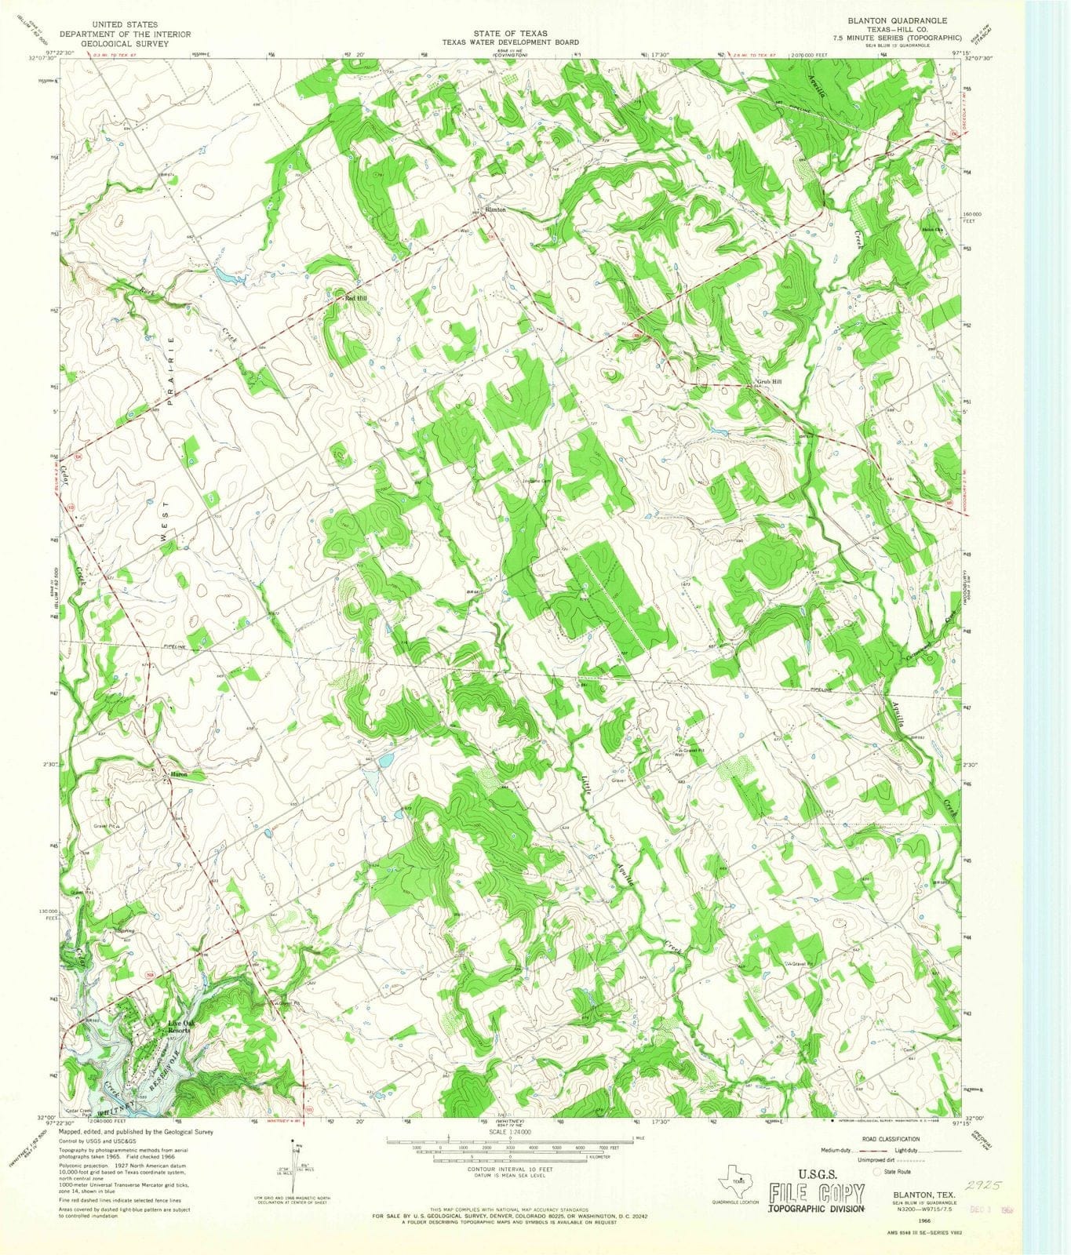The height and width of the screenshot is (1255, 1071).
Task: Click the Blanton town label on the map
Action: (x=495, y=209)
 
